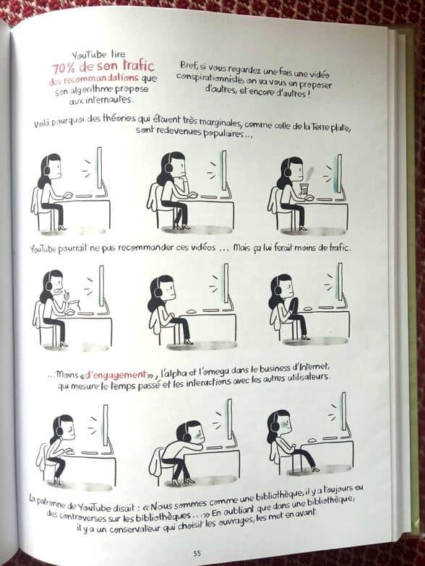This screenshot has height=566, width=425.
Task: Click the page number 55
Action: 197,553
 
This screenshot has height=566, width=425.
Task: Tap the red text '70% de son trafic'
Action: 104,66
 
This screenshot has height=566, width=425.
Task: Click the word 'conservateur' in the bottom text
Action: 134,528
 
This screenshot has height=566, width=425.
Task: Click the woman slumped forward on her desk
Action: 181,452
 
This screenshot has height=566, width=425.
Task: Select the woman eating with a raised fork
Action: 54,308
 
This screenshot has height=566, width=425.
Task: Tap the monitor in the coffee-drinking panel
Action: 339,175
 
